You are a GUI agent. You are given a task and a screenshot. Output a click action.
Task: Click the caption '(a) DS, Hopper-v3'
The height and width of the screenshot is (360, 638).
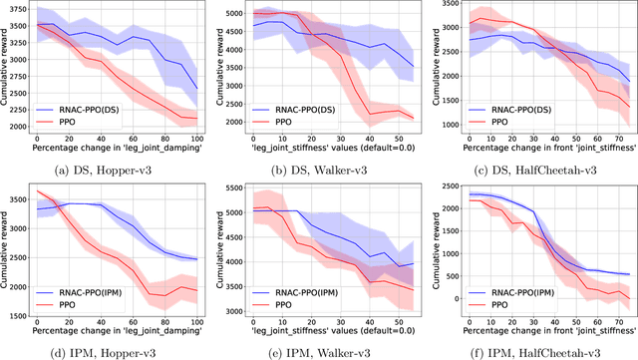pos(106,170)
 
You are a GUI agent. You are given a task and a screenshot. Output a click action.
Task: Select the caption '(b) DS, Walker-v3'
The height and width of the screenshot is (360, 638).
pos(317,170)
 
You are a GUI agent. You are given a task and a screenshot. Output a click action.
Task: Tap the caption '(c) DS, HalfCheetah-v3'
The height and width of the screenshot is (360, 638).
pos(531,170)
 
